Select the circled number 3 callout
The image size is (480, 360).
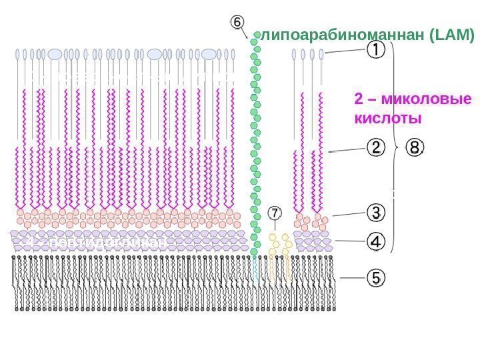coord(375,212)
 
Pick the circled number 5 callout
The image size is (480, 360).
coord(375,277)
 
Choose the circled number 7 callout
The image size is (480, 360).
coord(275,212)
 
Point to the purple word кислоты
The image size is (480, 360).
coord(387,119)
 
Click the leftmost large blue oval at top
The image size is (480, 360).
coord(55,53)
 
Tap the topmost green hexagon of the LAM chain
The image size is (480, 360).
coord(255,41)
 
